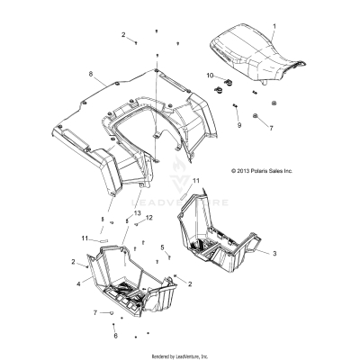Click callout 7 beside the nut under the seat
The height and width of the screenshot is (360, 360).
pyautogui.click(x=271, y=129)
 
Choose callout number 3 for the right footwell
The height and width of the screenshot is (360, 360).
pyautogui.click(x=273, y=255)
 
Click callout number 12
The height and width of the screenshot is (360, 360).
pyautogui.click(x=149, y=243)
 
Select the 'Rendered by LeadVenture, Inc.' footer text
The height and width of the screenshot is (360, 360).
pyautogui.click(x=180, y=355)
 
